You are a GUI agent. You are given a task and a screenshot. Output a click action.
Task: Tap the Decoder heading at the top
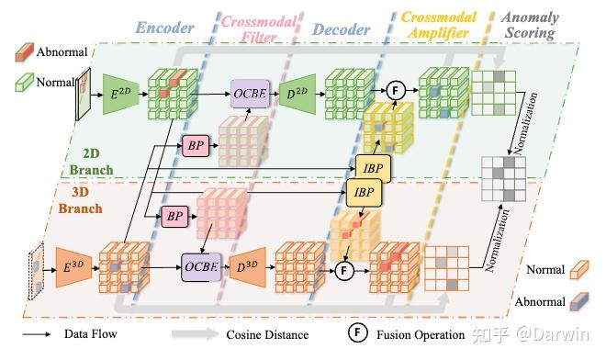[x=341, y=27]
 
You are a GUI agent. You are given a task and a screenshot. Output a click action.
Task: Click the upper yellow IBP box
[x=374, y=167]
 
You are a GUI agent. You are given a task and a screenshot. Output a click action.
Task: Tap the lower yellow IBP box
[x=362, y=192]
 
